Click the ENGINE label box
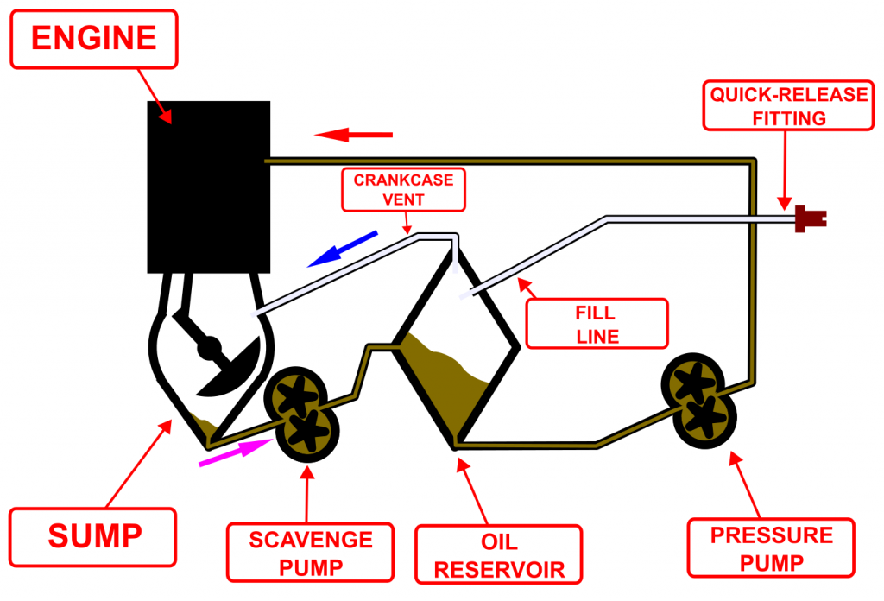pos(94,38)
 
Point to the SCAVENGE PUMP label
pos(312,554)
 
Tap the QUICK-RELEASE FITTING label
pos(787,106)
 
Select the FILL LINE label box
pos(597,323)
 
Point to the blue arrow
pos(343,249)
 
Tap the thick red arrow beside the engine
pos(353,135)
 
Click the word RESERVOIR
pos(499,570)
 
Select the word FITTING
pos(787,118)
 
